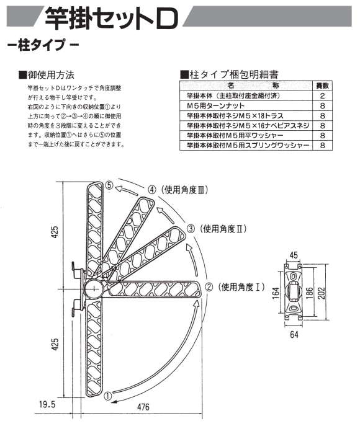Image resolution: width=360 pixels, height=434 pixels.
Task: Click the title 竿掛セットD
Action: (111, 18)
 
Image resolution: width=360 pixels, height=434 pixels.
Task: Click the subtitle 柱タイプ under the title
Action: (42, 45)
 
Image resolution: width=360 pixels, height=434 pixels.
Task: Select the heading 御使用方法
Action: (47, 75)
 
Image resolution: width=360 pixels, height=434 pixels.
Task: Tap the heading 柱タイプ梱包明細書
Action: (230, 74)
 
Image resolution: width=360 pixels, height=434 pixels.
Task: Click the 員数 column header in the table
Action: (322, 86)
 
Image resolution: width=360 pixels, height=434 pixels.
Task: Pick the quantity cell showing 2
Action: (322, 95)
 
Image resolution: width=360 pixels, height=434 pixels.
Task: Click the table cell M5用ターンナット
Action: (215, 106)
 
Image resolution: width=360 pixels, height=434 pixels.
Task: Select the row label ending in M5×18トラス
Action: (235, 116)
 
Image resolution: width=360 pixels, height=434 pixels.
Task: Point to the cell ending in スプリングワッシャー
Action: (248, 145)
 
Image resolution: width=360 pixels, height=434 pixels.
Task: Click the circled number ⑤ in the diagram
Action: (110, 185)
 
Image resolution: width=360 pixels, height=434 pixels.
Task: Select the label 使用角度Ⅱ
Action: (222, 229)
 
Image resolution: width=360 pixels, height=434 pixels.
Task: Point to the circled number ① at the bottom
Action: (108, 396)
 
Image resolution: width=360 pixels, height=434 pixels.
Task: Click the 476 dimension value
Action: (143, 407)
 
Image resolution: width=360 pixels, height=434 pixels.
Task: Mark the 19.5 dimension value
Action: (47, 405)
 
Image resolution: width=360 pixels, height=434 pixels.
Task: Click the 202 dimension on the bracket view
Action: (322, 293)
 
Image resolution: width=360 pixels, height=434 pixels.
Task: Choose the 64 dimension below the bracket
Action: (294, 334)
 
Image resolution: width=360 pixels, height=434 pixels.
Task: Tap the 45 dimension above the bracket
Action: (294, 255)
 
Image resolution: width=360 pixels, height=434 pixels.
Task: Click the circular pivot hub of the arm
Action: (94, 289)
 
